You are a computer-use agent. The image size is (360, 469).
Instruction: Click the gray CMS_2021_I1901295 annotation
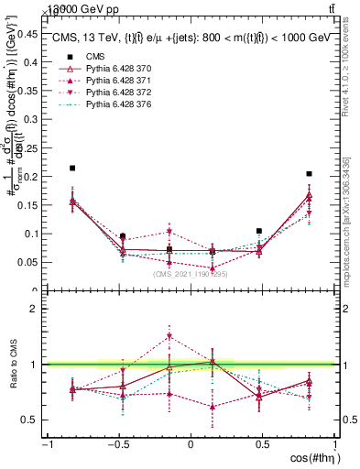[191, 274]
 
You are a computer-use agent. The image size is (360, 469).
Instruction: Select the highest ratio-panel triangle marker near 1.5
[169, 337]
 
